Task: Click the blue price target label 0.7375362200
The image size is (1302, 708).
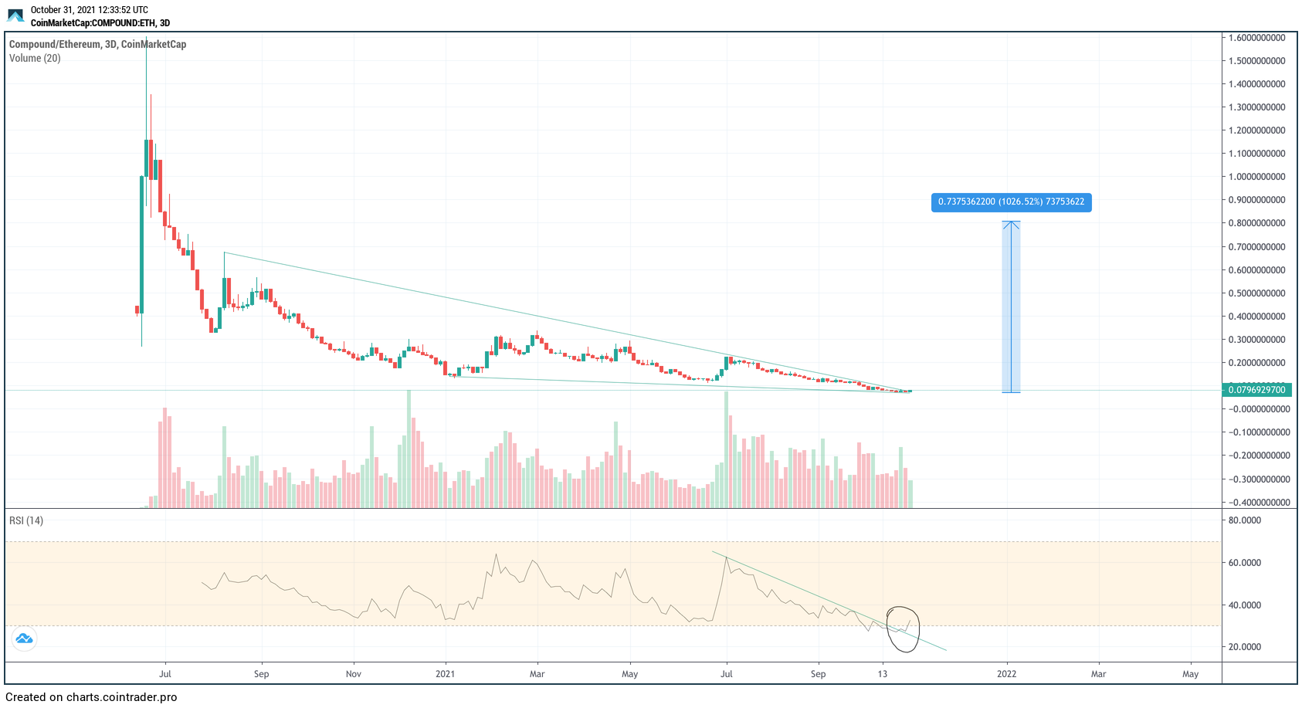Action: pos(1011,202)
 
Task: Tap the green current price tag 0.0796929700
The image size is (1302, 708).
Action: pos(1256,390)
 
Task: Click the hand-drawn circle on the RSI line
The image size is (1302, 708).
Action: pos(903,628)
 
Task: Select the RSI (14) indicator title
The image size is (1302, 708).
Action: pos(26,520)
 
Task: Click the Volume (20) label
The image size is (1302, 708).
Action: pos(35,58)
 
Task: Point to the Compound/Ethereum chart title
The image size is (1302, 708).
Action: pos(97,44)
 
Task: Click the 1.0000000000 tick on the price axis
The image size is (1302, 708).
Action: pos(1256,177)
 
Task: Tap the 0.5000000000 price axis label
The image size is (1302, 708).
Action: pos(1256,293)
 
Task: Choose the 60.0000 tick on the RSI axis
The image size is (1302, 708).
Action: pos(1245,563)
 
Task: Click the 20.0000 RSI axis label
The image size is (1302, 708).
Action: pos(1245,647)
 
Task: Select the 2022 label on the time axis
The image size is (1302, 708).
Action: pos(1006,674)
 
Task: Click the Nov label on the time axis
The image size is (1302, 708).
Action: pos(354,674)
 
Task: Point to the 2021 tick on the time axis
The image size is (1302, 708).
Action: pos(445,674)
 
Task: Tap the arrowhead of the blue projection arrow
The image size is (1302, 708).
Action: pos(1011,224)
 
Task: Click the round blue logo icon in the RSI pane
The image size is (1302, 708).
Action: pos(24,639)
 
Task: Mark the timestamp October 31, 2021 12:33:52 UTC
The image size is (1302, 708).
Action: pos(89,10)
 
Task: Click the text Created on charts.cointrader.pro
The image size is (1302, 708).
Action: pos(91,697)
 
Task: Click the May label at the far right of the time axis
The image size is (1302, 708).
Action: pos(1190,674)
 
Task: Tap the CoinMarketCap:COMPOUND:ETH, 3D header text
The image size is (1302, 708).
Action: pos(100,23)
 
